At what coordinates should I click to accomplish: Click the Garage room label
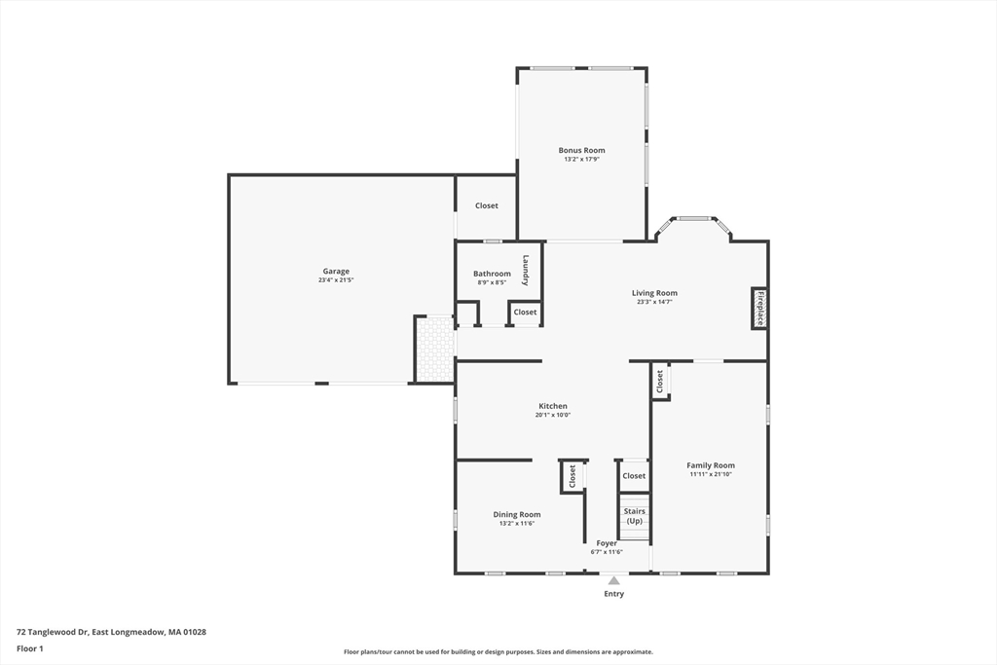point(336,272)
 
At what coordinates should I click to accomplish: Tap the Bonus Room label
point(582,151)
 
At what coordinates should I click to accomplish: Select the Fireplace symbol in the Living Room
point(759,309)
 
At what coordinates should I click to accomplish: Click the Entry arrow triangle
point(613,580)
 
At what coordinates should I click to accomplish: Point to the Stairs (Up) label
point(635,516)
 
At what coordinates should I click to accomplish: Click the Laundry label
point(526,271)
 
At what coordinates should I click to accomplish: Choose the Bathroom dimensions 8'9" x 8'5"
point(492,282)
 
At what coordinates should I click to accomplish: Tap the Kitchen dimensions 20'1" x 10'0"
point(553,415)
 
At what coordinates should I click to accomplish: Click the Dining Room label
point(517,515)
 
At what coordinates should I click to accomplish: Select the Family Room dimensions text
point(711,474)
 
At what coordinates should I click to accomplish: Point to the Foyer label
point(607,543)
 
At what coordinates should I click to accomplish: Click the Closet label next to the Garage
point(487,206)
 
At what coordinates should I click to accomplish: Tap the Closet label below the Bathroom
point(525,313)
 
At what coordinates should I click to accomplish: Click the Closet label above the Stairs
point(634,476)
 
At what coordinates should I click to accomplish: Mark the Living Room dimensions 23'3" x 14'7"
point(655,302)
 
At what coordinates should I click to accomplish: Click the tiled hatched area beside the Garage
point(435,349)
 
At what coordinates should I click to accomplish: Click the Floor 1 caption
point(30,649)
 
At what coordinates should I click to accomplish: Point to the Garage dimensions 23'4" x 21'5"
point(336,280)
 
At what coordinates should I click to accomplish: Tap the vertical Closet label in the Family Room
point(660,382)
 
